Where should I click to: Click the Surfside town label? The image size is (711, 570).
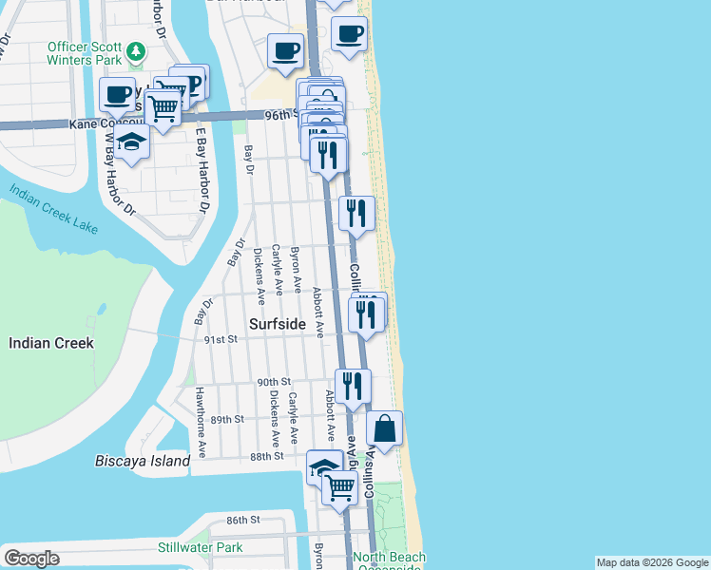coord(278,324)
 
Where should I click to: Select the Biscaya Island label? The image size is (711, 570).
coord(143,461)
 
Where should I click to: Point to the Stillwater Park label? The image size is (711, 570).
coord(201,547)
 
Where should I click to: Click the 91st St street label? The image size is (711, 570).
coord(220,339)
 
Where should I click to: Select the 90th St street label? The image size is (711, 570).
coord(274,382)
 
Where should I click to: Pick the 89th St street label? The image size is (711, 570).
coord(228,419)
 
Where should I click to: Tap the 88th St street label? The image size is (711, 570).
coord(267,456)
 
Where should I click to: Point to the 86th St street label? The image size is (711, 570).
coord(243,520)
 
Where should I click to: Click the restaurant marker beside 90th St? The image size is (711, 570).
coord(353,386)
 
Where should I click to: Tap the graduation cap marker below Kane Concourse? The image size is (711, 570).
coord(133,144)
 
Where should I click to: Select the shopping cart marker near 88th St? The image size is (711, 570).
coord(339,488)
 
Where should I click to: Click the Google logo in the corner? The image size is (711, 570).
coord(30,558)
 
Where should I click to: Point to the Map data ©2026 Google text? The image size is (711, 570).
coord(652,562)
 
